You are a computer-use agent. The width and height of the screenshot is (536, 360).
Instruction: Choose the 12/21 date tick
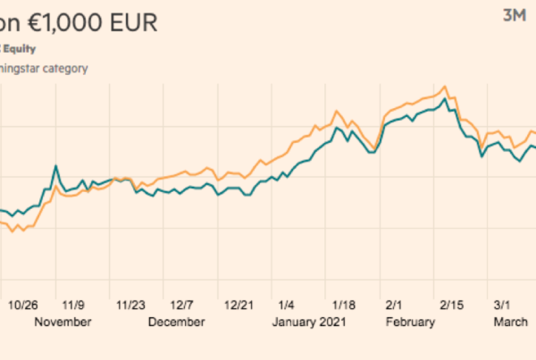coord(239,304)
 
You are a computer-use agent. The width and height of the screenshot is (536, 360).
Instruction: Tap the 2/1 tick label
coord(393,304)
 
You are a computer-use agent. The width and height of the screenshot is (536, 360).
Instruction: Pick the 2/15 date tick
coord(448,304)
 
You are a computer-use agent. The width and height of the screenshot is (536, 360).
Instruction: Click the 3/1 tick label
coord(503,304)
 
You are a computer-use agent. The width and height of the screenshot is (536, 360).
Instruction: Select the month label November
coord(63,322)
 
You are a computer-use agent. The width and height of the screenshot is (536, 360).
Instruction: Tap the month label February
coord(410,322)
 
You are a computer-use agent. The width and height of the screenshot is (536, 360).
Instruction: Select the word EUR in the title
coord(133,22)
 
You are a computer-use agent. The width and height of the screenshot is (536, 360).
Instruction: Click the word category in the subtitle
coord(65,67)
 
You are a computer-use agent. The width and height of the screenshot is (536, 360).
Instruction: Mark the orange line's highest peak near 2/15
coord(443,87)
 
